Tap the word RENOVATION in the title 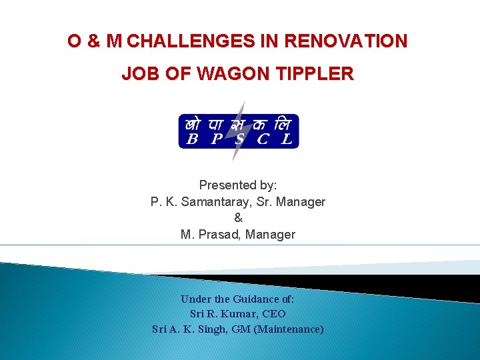345,41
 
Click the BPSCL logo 239,131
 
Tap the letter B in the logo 192,139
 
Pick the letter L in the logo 287,139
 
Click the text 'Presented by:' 238,185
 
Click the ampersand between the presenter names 238,218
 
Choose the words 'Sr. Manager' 294,201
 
